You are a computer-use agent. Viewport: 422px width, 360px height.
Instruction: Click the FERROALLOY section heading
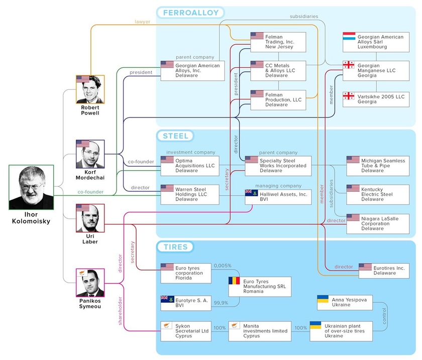[x=190, y=13]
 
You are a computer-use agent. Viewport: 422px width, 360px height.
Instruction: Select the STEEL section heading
[x=175, y=136]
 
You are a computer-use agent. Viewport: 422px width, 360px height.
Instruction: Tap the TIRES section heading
[x=175, y=247]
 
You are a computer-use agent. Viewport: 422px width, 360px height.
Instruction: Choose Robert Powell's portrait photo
[x=90, y=90]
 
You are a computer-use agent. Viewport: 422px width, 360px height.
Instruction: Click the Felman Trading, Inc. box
[x=278, y=42]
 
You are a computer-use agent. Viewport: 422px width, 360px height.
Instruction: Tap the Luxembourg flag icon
[x=349, y=37]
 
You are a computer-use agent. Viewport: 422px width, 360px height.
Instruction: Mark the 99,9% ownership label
[x=221, y=303]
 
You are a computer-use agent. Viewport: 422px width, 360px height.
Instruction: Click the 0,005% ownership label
[x=222, y=266]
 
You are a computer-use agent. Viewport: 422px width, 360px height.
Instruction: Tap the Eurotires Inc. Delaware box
[x=385, y=271]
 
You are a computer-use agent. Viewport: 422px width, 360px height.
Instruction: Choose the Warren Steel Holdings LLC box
[x=189, y=194]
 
